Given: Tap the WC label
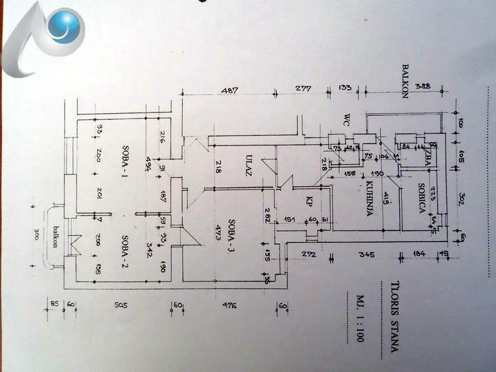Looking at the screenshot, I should coord(347,120).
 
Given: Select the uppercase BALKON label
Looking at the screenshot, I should coord(407,80).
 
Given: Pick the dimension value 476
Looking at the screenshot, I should coord(227,305).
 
